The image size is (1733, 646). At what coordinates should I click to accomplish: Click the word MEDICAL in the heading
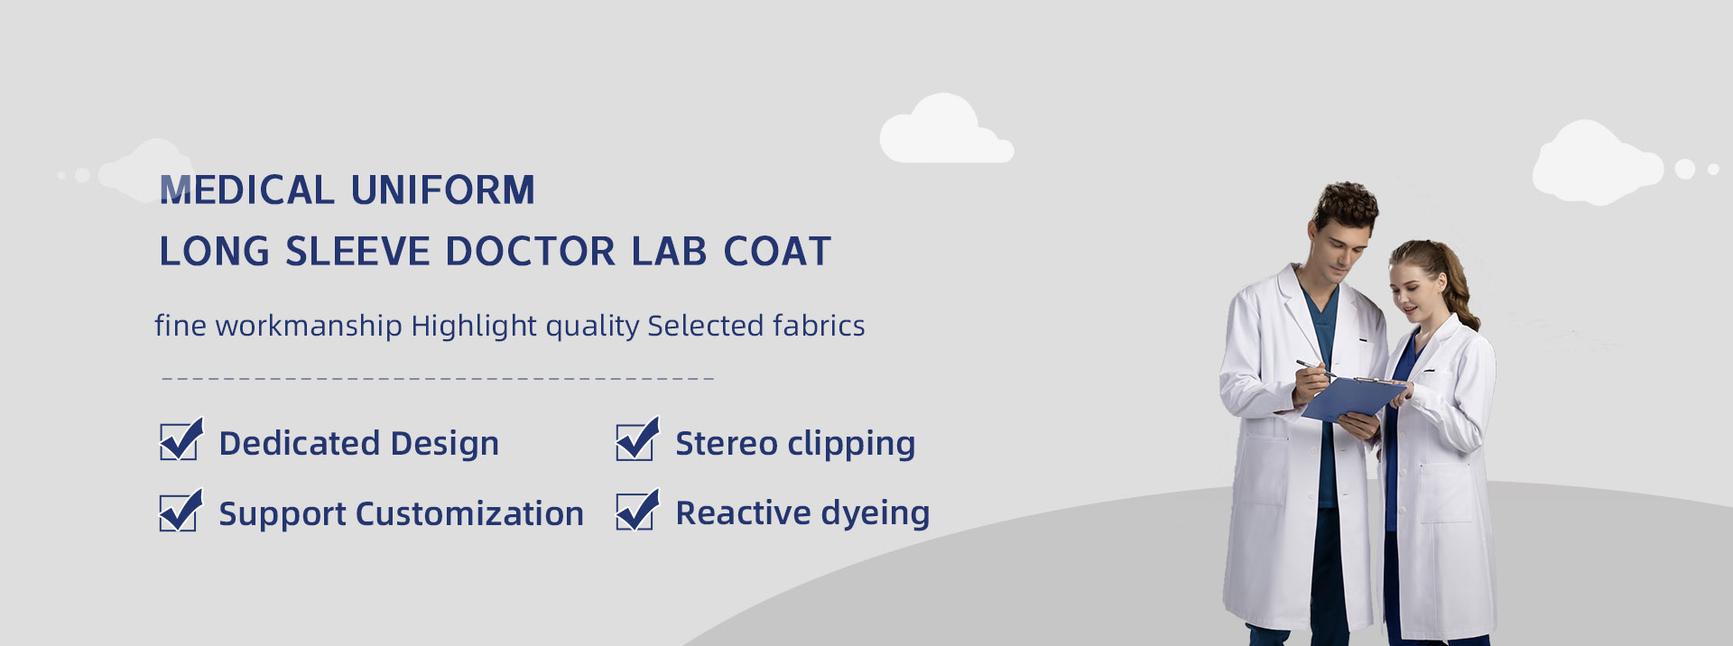point(246,190)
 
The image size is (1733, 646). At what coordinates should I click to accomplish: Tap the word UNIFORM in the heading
point(443,190)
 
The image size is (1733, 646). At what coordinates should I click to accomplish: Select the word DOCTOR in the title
point(531,252)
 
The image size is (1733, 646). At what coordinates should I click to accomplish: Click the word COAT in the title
point(777,252)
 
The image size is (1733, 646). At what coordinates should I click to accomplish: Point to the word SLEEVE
point(357,252)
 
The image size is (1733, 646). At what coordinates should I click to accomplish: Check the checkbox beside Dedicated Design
point(181,439)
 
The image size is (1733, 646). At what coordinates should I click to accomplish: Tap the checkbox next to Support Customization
point(181,511)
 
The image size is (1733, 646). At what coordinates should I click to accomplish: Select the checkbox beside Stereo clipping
point(637,439)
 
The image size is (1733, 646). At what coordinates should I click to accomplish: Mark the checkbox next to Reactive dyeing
point(637,511)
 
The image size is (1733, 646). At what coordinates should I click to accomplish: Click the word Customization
point(469,513)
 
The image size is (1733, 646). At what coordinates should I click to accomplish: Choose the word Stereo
point(727,444)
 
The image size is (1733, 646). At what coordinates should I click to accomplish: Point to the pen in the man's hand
point(1316,368)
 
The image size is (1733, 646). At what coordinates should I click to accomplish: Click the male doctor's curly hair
point(1348,203)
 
